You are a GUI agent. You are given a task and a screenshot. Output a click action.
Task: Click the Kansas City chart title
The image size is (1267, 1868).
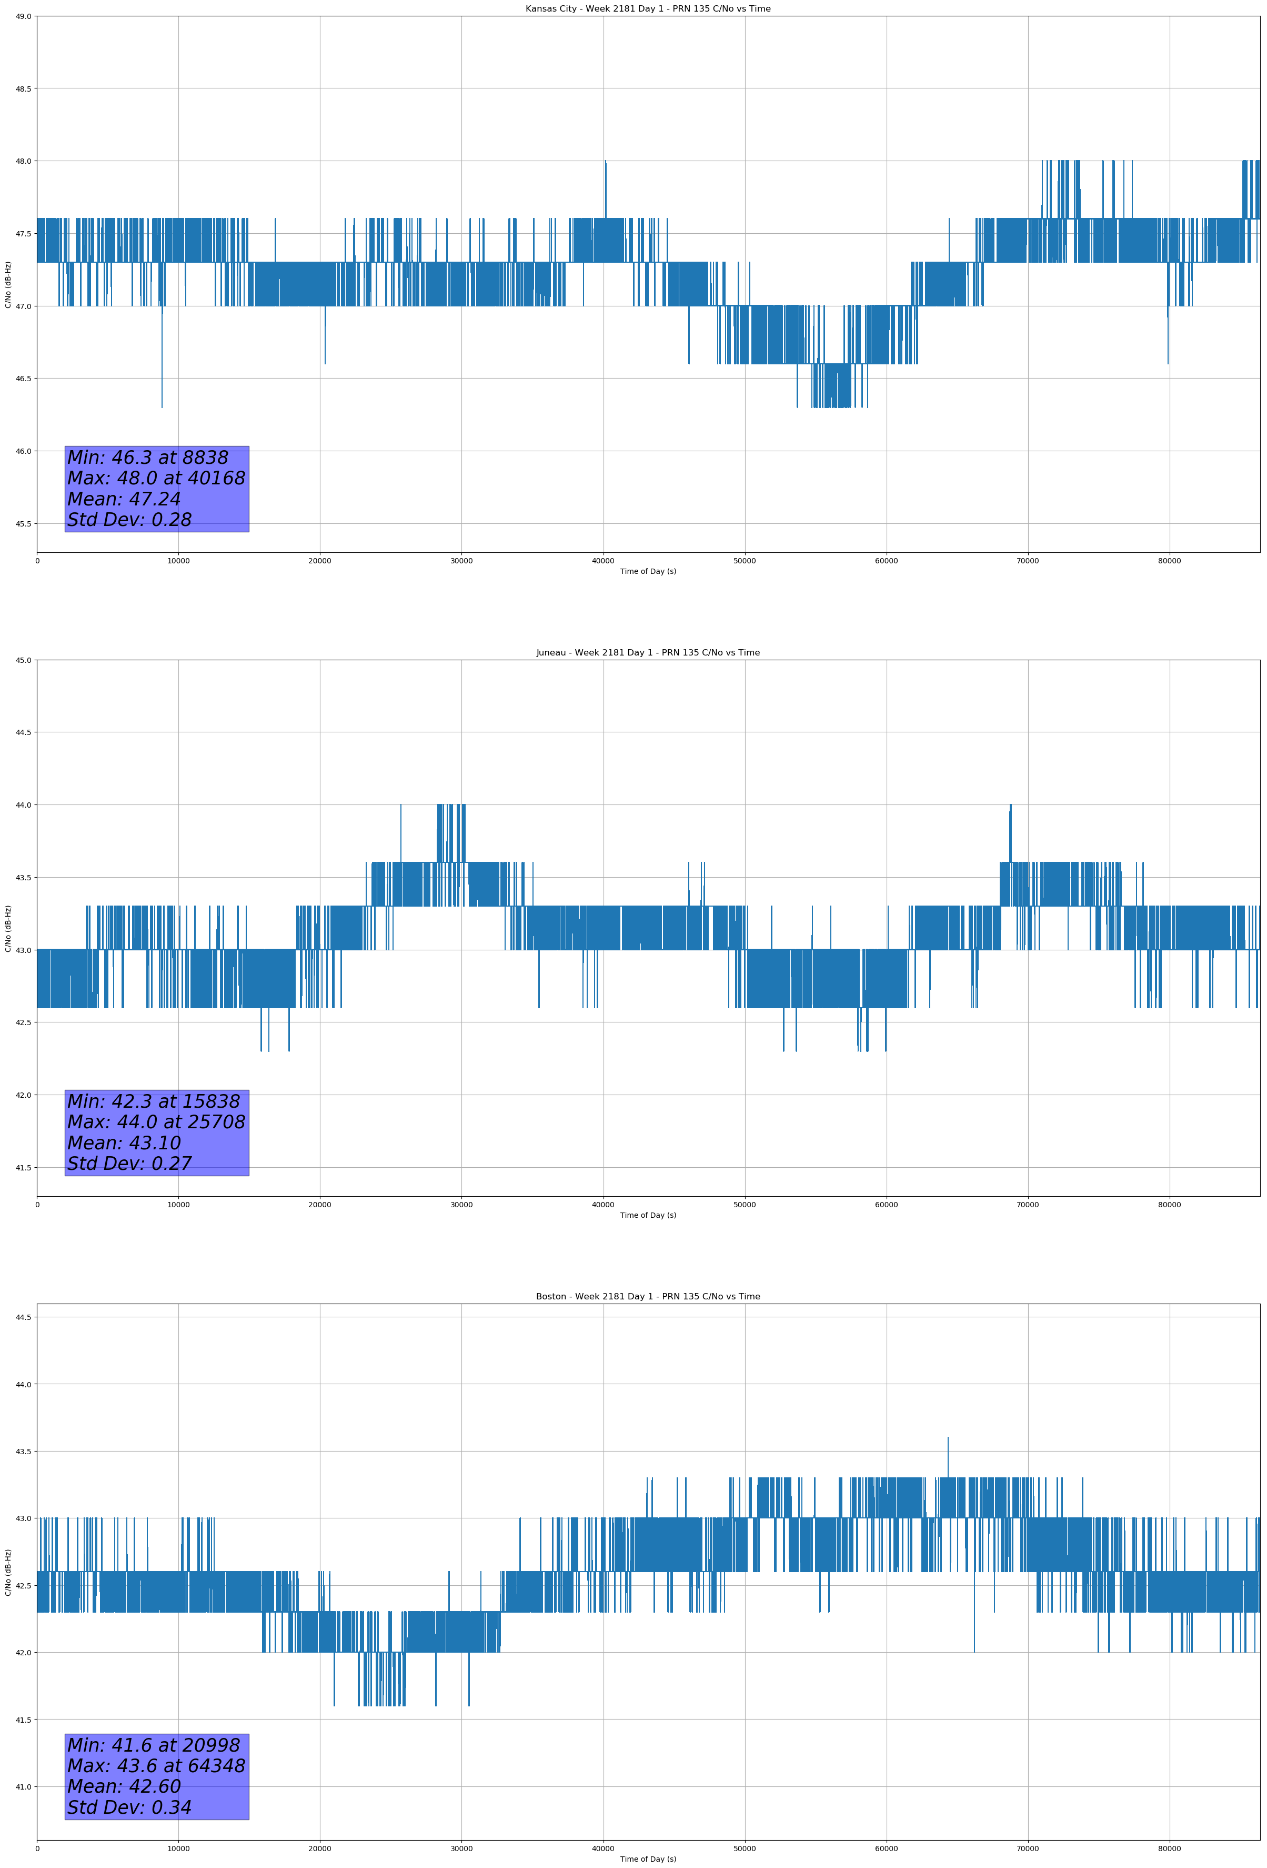tap(648, 9)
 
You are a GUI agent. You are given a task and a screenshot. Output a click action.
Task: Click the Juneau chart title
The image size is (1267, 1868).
tap(648, 653)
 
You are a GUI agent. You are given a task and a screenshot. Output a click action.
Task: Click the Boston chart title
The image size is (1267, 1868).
tap(648, 1297)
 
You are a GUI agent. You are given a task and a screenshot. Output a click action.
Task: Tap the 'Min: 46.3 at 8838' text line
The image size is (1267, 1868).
tap(148, 458)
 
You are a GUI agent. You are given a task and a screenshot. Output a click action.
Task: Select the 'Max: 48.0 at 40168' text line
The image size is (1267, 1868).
tap(156, 478)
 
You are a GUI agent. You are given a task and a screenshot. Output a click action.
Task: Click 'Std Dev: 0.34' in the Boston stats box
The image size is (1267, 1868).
tap(129, 1807)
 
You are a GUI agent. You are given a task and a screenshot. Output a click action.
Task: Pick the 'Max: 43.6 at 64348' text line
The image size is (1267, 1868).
tap(156, 1766)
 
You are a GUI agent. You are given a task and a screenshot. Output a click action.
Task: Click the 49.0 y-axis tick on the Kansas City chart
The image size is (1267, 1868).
tap(23, 16)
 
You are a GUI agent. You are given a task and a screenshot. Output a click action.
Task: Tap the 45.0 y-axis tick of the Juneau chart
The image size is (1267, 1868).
tap(23, 660)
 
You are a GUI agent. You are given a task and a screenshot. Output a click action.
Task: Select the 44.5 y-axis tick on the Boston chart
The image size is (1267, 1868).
tap(23, 1317)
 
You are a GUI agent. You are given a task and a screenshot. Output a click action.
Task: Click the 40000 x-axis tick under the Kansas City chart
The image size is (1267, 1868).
tap(602, 561)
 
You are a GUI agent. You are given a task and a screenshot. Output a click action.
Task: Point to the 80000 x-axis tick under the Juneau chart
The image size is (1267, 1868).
tap(1169, 1205)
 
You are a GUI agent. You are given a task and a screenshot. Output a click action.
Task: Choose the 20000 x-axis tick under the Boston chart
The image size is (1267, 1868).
tap(320, 1849)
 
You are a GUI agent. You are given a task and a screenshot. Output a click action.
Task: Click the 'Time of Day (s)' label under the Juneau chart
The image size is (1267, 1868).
tap(648, 1215)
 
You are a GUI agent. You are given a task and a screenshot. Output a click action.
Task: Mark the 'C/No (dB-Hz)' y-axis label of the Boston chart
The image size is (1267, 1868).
tap(8, 1572)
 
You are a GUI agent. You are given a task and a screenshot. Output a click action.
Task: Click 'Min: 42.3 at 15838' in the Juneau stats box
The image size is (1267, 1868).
tap(154, 1101)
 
